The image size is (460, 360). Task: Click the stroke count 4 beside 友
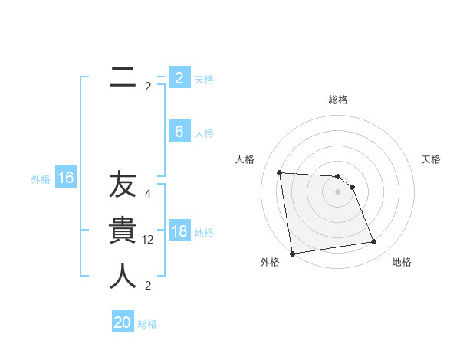148,194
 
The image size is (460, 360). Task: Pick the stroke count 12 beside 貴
148,240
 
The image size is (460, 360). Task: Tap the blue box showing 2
179,78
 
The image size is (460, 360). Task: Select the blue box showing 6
179,132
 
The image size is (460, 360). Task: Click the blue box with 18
179,231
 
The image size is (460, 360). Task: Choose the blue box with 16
65,178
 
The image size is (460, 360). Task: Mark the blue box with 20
123,322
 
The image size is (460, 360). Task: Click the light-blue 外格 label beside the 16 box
41,179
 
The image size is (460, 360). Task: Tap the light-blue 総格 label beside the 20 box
147,324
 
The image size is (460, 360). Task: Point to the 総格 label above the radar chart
338,100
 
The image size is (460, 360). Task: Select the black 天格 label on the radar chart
432,159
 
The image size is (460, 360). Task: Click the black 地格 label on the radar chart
402,262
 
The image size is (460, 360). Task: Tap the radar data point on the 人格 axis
279,172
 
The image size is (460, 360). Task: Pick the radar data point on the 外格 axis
292,254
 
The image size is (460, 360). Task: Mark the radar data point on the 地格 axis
374,242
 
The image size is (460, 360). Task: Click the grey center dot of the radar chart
338,191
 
